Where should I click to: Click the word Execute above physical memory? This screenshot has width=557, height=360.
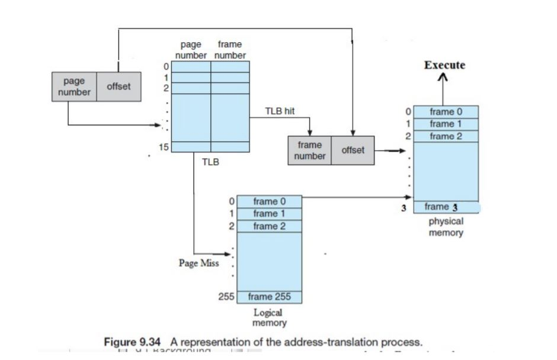coord(444,65)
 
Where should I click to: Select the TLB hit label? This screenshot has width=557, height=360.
coord(280,111)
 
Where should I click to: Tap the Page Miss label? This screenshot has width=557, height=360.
coord(199,263)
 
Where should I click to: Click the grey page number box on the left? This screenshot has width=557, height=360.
coord(74,87)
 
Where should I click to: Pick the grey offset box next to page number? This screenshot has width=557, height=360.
coord(119,87)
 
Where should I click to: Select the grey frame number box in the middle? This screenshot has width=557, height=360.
coord(310,151)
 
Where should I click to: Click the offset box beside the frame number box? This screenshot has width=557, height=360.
coord(353,151)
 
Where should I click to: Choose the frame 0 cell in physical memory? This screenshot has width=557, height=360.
coord(446,111)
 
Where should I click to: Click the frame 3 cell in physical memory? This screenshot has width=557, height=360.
coord(446,207)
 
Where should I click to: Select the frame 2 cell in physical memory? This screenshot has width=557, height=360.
coord(446,136)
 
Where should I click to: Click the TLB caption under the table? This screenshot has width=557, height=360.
coord(210,161)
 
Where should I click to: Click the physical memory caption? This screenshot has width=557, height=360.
coord(446,227)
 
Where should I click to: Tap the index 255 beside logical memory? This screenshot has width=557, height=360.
coord(228,297)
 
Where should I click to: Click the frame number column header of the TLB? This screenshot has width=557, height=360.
coord(230,50)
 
